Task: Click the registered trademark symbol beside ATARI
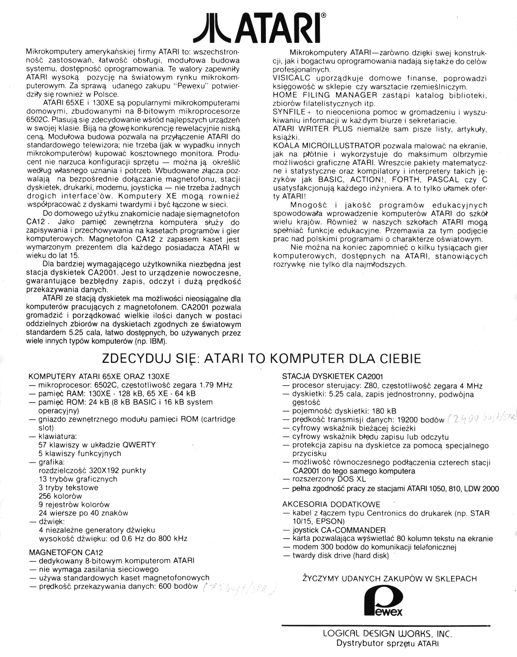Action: [x=323, y=16]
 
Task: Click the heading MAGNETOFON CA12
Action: [x=66, y=552]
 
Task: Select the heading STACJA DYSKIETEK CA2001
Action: [x=333, y=376]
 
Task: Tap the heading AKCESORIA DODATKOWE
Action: [x=331, y=504]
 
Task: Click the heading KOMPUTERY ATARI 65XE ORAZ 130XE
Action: [x=99, y=376]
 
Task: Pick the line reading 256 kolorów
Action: [x=60, y=496]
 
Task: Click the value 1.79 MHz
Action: [x=216, y=385]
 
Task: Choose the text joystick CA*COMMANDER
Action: [x=339, y=530]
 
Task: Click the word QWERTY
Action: [x=139, y=445]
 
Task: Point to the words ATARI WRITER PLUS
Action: [x=313, y=129]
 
